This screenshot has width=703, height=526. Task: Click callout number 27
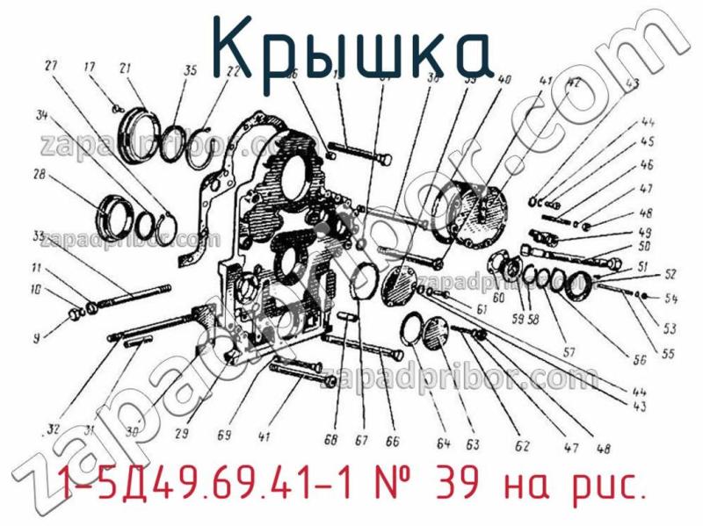(x=50, y=65)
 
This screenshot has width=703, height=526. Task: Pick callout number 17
(x=90, y=67)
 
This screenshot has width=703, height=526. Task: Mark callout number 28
(x=39, y=175)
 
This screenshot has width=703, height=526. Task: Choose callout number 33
(x=39, y=235)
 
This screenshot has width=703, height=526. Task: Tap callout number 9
(x=36, y=335)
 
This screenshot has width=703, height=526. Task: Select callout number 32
(x=53, y=429)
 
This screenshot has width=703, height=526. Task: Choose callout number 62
(x=522, y=447)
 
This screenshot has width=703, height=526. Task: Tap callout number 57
(x=569, y=353)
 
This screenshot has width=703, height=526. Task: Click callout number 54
(x=672, y=299)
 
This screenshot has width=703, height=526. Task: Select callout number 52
(x=670, y=272)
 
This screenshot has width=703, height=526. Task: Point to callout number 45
(x=671, y=141)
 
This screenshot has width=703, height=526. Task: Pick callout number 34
(x=40, y=114)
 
